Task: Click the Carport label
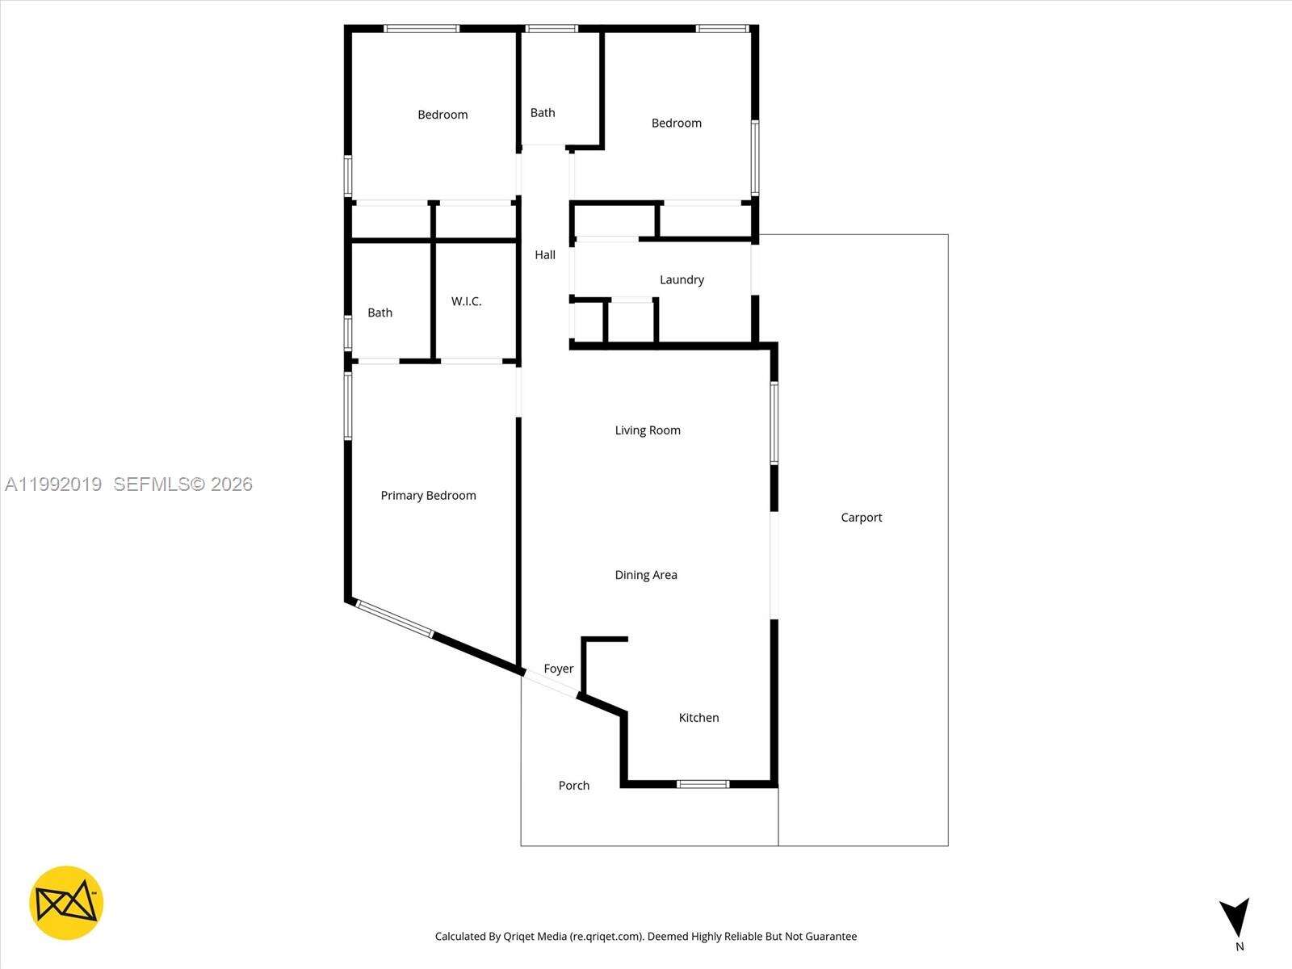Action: point(861,518)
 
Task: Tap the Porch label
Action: point(574,786)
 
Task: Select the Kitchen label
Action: point(698,718)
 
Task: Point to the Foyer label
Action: point(558,669)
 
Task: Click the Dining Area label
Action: point(646,575)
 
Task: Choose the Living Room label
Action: point(648,430)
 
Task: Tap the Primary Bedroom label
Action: point(428,496)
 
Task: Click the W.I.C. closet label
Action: point(466,301)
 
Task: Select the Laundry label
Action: point(682,280)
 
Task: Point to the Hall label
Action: point(545,255)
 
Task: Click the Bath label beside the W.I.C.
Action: point(380,313)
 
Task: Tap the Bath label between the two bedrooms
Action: point(543,113)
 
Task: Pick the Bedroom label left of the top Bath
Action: point(443,115)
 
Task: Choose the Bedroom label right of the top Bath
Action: point(676,124)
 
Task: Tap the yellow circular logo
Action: point(66,903)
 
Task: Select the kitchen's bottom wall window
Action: point(703,783)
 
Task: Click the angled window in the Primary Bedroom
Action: point(394,619)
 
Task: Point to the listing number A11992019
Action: point(53,484)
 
